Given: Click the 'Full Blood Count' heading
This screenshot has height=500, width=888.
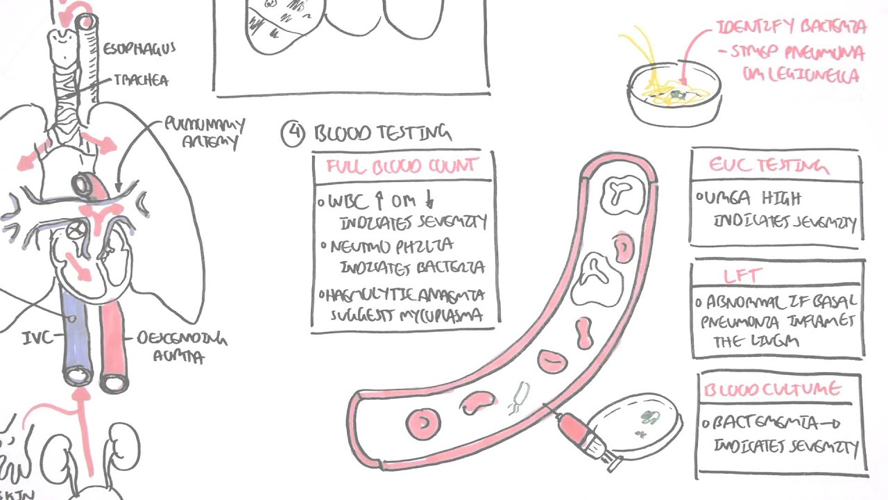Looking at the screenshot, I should (x=403, y=167).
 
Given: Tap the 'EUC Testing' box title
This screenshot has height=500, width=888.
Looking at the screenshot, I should (x=768, y=166).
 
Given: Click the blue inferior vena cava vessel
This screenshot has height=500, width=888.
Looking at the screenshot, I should (x=73, y=333).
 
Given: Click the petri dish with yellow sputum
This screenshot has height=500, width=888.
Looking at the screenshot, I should (x=674, y=97).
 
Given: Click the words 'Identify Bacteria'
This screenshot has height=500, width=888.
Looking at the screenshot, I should (x=792, y=28).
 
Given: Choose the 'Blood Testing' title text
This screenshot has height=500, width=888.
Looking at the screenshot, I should (x=382, y=133).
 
